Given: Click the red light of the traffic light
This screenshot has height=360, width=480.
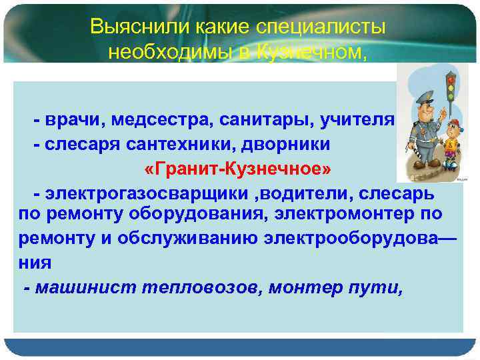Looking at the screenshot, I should click(x=450, y=79).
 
